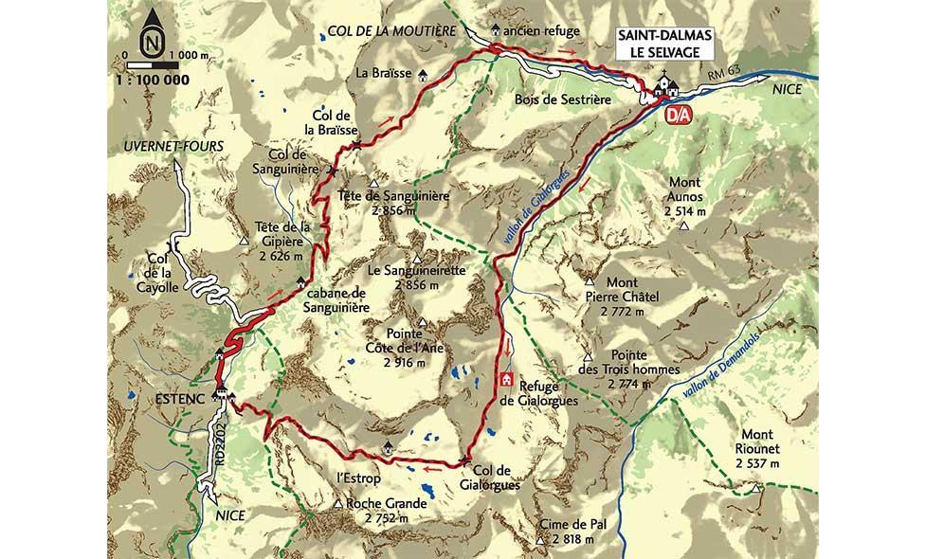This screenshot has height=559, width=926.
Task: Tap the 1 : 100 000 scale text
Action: tap(148, 81)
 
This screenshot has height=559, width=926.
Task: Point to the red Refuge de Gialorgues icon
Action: tap(507, 380)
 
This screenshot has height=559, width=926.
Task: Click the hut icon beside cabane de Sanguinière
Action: tap(301, 280)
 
